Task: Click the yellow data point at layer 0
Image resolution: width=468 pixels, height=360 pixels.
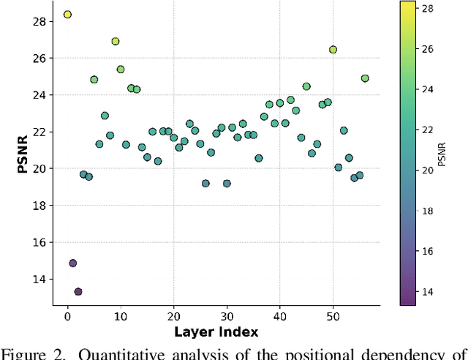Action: click(x=67, y=15)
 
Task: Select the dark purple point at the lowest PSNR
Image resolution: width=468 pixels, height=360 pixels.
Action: click(x=78, y=291)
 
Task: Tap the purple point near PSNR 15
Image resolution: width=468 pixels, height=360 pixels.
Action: click(x=72, y=263)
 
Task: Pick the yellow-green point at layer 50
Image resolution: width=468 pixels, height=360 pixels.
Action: click(x=333, y=50)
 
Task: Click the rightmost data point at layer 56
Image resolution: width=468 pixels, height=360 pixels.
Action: click(x=365, y=78)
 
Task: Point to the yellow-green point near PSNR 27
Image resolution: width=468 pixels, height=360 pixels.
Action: click(x=115, y=42)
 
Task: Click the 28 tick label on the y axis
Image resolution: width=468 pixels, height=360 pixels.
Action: click(x=39, y=21)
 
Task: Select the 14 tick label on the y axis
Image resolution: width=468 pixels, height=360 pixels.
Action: click(x=39, y=279)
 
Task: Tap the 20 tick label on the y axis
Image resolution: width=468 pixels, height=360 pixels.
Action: click(x=39, y=168)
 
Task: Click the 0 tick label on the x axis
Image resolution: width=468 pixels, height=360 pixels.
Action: click(x=67, y=316)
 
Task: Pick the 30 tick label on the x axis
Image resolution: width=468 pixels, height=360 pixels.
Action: click(x=227, y=316)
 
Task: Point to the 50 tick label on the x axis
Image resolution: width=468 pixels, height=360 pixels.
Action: click(x=333, y=316)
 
